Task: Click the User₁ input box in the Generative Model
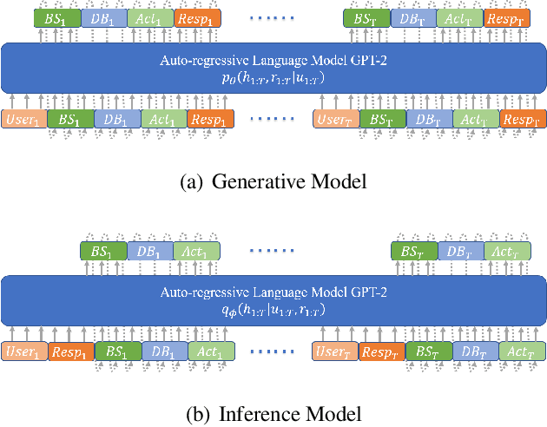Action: coord(23,119)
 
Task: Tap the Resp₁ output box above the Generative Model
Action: coord(197,17)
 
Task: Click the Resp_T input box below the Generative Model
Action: coord(524,119)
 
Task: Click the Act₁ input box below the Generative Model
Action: coord(162,119)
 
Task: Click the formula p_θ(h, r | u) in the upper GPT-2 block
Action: coord(273,76)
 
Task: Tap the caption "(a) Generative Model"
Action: coord(274,181)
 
